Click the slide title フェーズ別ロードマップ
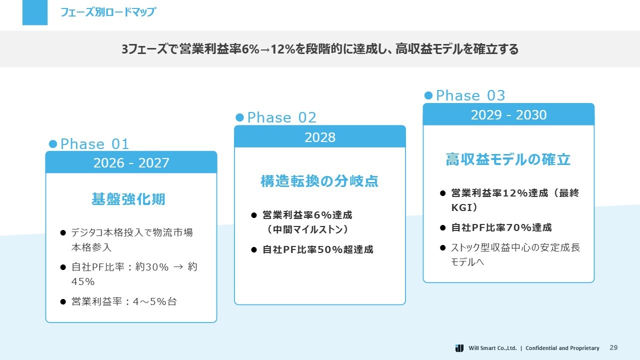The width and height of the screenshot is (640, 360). pyautogui.click(x=108, y=12)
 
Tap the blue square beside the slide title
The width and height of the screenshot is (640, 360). pyautogui.click(x=35, y=12)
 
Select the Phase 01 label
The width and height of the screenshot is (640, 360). pyautogui.click(x=94, y=143)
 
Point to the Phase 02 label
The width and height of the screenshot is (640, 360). pyautogui.click(x=281, y=117)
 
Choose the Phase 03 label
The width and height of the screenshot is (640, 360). pyautogui.click(x=470, y=95)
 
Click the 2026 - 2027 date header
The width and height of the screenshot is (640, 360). pyautogui.click(x=131, y=162)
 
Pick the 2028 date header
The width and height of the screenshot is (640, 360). pyautogui.click(x=320, y=137)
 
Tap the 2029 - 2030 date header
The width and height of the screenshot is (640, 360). pyautogui.click(x=508, y=115)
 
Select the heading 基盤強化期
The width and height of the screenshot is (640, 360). pyautogui.click(x=128, y=199)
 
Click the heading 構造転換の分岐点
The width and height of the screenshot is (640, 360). pyautogui.click(x=319, y=181)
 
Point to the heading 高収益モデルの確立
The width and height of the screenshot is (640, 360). pyautogui.click(x=508, y=159)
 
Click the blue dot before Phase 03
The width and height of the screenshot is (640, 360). pyautogui.click(x=428, y=95)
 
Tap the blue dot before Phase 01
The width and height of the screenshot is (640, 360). pyautogui.click(x=53, y=143)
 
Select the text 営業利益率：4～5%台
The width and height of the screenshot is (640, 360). pyautogui.click(x=124, y=301)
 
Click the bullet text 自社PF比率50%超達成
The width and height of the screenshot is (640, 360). pyautogui.click(x=317, y=249)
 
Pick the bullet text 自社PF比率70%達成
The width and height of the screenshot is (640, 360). pyautogui.click(x=501, y=227)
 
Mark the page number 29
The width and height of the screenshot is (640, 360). pyautogui.click(x=613, y=347)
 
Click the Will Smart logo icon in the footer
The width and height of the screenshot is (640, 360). pyautogui.click(x=459, y=348)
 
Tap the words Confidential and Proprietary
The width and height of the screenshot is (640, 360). pyautogui.click(x=562, y=348)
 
